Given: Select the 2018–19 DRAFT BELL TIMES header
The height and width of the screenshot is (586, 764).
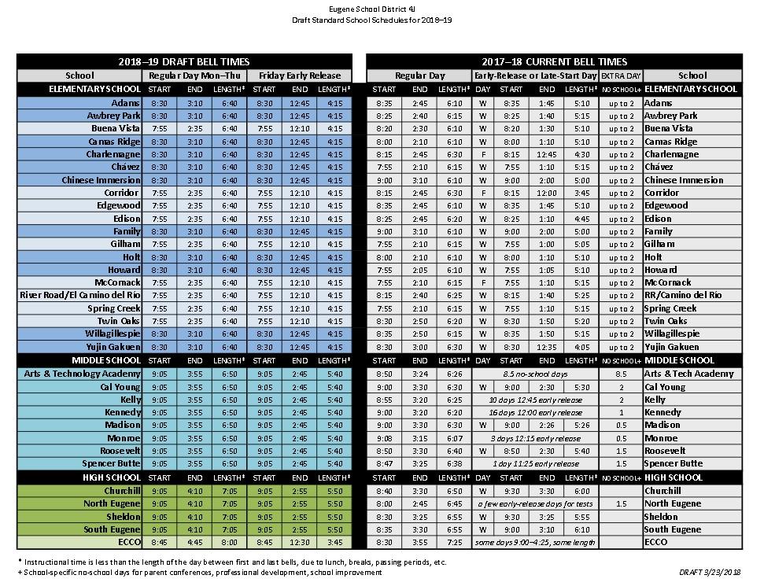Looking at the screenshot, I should (x=184, y=61).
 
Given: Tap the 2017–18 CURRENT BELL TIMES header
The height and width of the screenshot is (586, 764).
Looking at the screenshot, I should (x=554, y=61).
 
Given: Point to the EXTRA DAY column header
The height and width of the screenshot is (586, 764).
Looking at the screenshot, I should (x=621, y=76).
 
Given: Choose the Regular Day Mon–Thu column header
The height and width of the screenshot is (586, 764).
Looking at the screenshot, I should (x=195, y=76).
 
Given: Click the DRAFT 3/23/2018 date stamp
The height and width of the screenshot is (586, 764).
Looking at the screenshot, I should (x=710, y=572).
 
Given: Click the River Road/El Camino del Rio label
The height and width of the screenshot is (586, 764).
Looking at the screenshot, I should (x=80, y=295).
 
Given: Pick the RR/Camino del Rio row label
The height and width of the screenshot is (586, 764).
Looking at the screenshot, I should (x=682, y=295).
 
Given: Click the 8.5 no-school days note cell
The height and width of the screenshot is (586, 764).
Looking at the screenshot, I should (x=536, y=374).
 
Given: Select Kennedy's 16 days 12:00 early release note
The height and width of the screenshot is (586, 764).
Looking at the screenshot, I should (x=536, y=412).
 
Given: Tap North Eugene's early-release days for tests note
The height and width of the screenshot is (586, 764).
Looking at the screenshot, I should (x=536, y=503).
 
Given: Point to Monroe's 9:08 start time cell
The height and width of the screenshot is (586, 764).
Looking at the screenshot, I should (x=384, y=438).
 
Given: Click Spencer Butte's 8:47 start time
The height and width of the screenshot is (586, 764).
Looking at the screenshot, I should (x=384, y=464).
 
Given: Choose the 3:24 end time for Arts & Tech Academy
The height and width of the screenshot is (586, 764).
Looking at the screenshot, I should (x=420, y=374).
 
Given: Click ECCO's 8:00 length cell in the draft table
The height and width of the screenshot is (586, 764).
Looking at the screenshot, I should (x=229, y=542).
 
